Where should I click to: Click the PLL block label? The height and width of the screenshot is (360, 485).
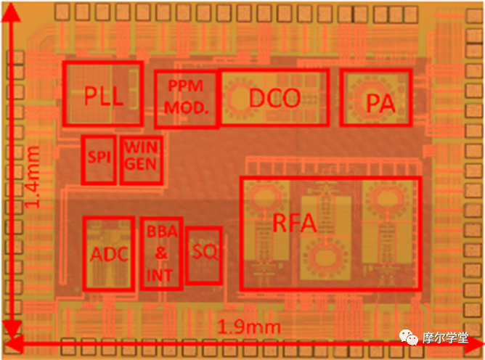[104, 97]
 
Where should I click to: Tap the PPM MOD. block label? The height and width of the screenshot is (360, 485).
[186, 97]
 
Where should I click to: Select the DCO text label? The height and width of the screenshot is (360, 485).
[274, 98]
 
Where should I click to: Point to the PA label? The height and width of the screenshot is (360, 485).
[380, 103]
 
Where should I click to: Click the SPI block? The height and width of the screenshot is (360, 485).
[99, 160]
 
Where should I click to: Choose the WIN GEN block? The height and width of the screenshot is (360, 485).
[141, 160]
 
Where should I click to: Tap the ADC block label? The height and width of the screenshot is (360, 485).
[109, 254]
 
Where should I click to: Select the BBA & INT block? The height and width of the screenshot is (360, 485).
[161, 253]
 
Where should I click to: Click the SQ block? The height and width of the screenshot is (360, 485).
[204, 255]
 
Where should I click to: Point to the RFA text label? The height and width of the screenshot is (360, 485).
[295, 223]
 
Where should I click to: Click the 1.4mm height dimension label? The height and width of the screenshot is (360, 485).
[33, 176]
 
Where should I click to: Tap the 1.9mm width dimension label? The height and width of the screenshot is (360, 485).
[249, 327]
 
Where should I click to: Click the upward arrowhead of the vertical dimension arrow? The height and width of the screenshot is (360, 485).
[11, 12]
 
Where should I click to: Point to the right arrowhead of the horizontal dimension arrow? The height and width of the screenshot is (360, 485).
[474, 344]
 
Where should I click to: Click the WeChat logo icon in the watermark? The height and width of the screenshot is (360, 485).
[408, 337]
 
